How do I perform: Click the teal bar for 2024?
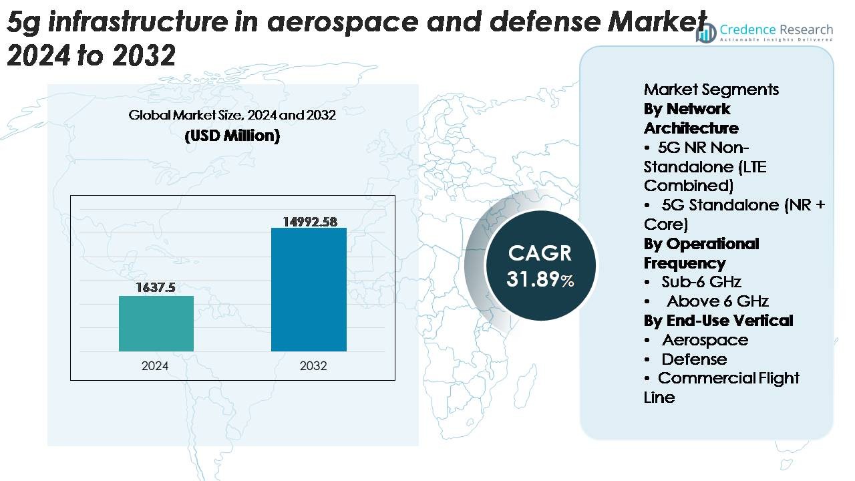click(156, 323)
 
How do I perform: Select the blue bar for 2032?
click(309, 289)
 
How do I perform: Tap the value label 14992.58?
click(309, 221)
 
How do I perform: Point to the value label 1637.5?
click(156, 288)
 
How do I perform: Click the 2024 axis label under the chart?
click(155, 366)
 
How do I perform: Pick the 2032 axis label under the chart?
click(313, 366)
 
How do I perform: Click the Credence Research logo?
click(764, 32)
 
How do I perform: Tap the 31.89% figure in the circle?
click(540, 279)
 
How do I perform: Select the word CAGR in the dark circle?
click(540, 253)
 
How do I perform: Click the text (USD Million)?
click(232, 136)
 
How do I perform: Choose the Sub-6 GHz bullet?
click(701, 282)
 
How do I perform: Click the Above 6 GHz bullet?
click(717, 301)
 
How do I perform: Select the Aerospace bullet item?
click(705, 340)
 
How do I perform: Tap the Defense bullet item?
click(694, 359)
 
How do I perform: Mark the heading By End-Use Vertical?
click(718, 321)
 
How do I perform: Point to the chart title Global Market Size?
click(232, 116)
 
